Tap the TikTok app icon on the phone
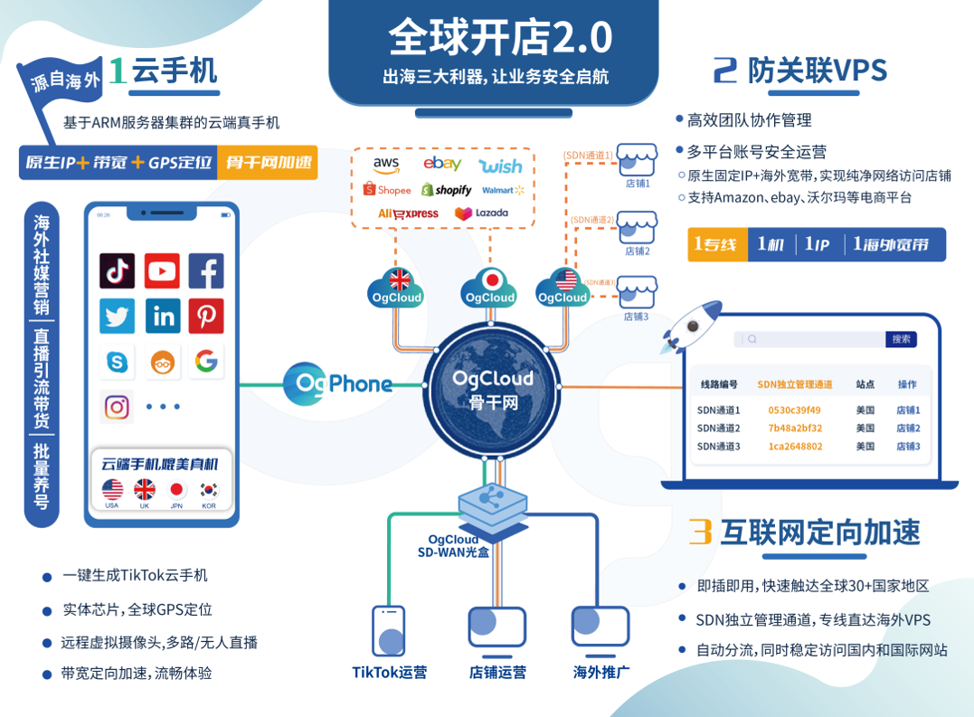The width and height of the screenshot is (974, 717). [118, 270]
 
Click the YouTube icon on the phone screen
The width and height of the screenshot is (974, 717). [162, 270]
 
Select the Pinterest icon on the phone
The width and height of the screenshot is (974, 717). [206, 316]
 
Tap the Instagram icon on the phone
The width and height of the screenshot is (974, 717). [118, 407]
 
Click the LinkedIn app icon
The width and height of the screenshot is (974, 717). [163, 316]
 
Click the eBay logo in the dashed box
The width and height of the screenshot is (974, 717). [442, 165]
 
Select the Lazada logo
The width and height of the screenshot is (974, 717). [481, 213]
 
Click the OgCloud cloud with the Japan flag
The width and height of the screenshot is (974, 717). [489, 287]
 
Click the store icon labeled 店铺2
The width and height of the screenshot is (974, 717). [638, 230]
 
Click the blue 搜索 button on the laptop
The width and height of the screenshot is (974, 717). [901, 339]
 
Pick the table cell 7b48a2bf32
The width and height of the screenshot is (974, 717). [795, 428]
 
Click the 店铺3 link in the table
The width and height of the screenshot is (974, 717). [908, 446]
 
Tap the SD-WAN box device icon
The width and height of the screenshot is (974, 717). [492, 501]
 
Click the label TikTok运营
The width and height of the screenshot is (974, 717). [390, 672]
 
